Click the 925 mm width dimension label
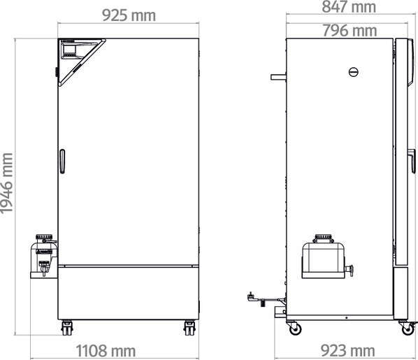[x=129, y=15]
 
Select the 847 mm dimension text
[x=349, y=7]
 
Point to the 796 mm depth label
[x=349, y=30]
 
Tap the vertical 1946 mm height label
[x=8, y=185]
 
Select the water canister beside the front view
[x=43, y=254]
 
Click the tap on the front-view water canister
[x=45, y=269]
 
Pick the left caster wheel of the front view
[x=68, y=326]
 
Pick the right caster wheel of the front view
[x=189, y=326]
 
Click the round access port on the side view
[x=353, y=71]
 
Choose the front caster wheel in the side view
[x=403, y=326]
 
